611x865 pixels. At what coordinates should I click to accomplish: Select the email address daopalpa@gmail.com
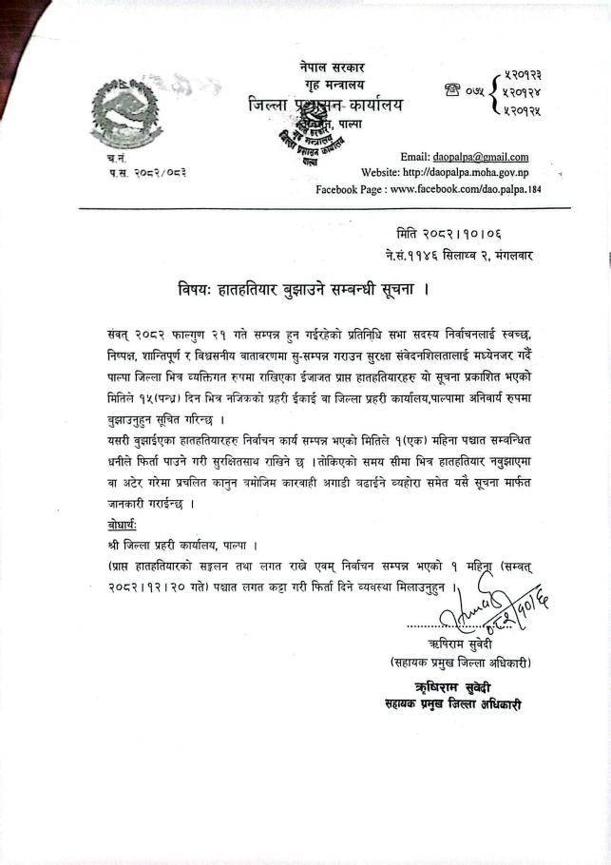(481, 157)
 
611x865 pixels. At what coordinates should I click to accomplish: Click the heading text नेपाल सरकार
(323, 67)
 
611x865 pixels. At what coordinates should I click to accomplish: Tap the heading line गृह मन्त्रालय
(323, 86)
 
